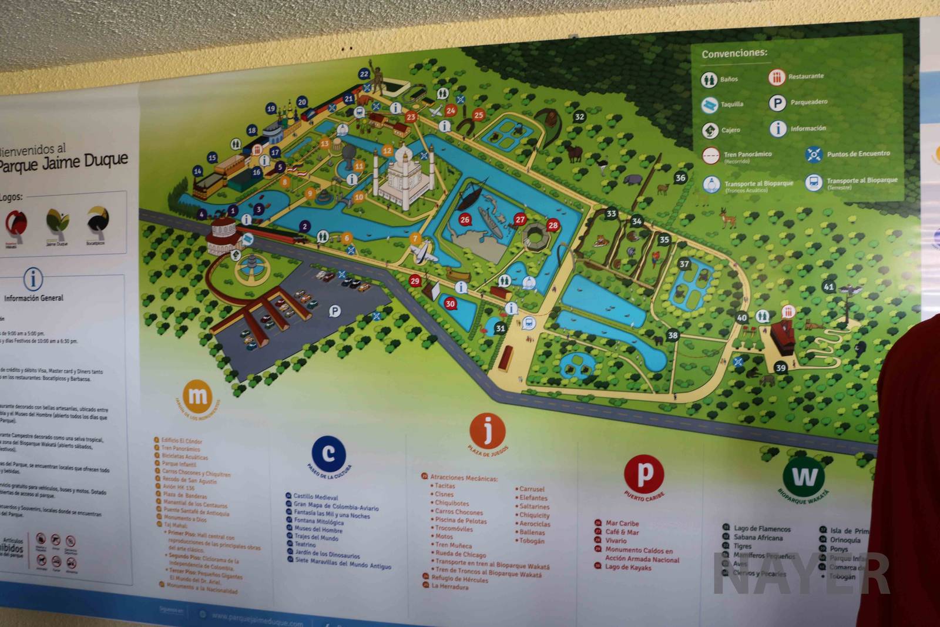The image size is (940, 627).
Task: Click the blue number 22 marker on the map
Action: (x=364, y=74)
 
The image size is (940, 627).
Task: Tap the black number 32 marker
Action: (x=580, y=116)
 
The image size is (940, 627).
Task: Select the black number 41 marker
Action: (x=828, y=287)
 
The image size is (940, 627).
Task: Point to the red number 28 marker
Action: (x=553, y=225)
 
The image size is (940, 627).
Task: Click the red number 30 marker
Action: (x=450, y=304)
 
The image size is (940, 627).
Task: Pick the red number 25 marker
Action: (x=479, y=115)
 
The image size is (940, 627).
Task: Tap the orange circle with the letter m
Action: (x=197, y=397)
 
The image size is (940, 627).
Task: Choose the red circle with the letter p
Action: (x=644, y=473)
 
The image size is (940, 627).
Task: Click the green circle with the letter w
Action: (x=804, y=475)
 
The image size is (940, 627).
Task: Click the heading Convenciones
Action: (x=734, y=53)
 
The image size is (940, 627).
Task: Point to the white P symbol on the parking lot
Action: (x=335, y=311)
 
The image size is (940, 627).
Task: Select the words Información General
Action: (x=33, y=298)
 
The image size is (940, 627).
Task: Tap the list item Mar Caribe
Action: (x=622, y=523)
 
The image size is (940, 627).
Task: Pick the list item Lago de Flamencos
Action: (x=762, y=529)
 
